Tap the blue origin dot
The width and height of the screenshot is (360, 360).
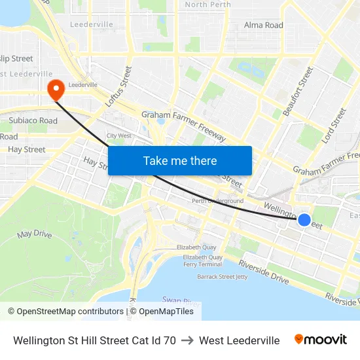pyautogui.click(x=304, y=220)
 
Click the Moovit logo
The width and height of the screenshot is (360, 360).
pyautogui.click(x=321, y=339)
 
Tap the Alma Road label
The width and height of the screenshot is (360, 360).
pyautogui.click(x=263, y=25)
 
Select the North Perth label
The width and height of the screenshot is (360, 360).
pyautogui.click(x=207, y=5)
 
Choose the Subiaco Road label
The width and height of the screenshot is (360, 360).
pyautogui.click(x=33, y=120)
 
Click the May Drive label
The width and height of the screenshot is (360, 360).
pyautogui.click(x=34, y=234)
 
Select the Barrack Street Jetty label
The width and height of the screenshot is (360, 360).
pyautogui.click(x=223, y=276)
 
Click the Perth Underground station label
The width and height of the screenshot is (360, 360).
pyautogui.click(x=217, y=201)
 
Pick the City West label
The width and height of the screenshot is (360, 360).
pyautogui.click(x=120, y=135)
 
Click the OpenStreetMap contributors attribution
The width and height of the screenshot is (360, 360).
pyautogui.click(x=65, y=312)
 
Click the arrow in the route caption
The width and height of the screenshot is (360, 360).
pyautogui.click(x=187, y=340)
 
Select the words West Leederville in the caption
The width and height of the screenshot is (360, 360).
pyautogui.click(x=239, y=340)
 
